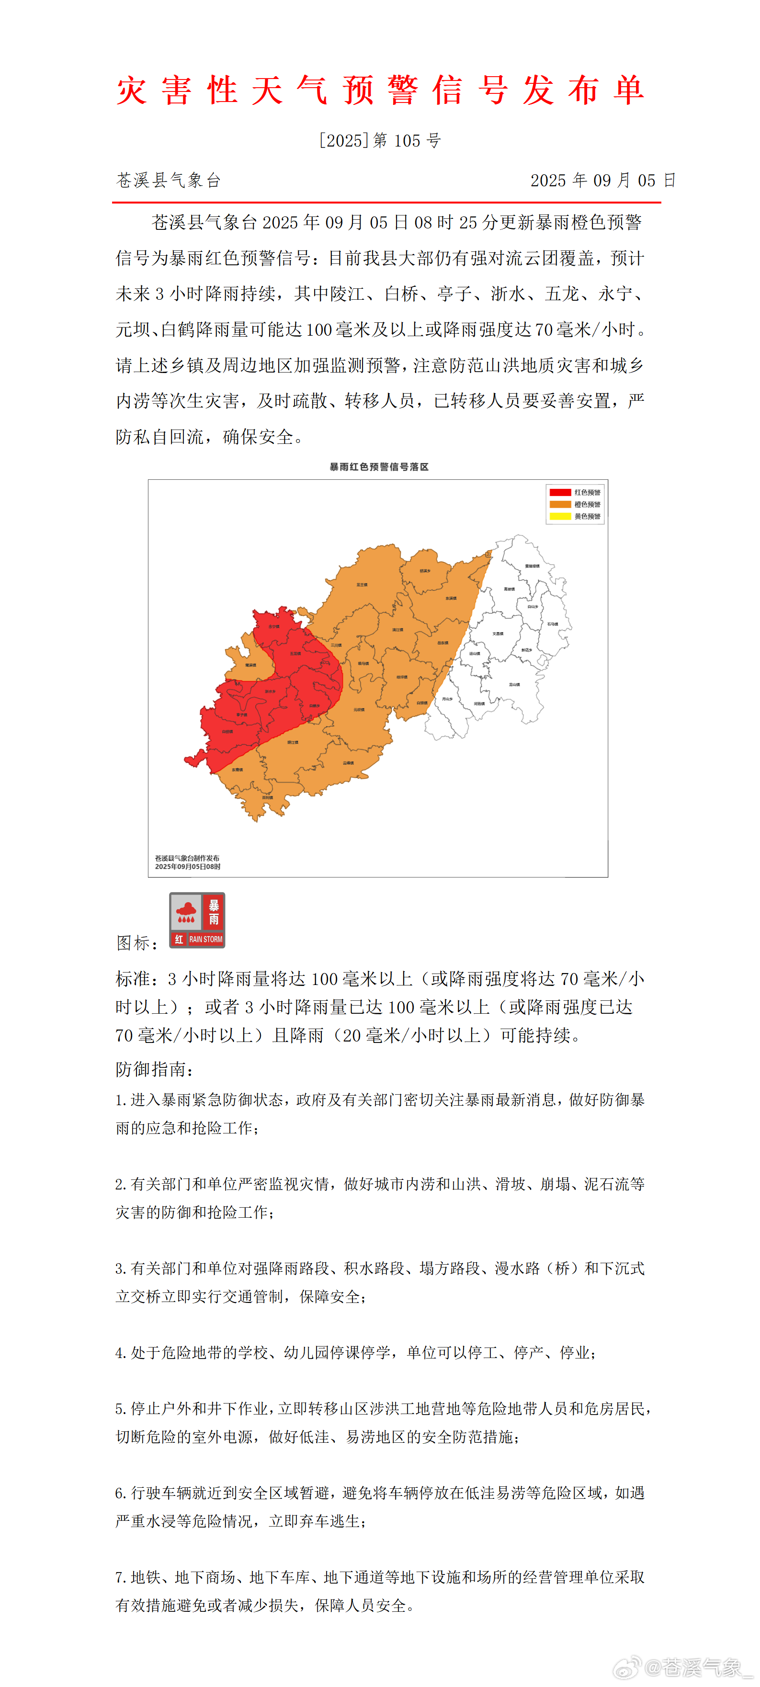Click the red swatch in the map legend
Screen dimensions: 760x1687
[560, 492]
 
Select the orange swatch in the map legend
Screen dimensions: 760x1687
[560, 504]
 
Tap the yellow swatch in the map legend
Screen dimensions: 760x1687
[560, 516]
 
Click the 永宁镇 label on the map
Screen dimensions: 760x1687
[274, 627]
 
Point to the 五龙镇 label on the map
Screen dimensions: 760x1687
[295, 654]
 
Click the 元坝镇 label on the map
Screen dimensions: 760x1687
[359, 709]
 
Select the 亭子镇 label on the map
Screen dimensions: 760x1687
[242, 714]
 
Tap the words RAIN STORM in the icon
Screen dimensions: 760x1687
[206, 939]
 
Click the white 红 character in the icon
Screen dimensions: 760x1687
[179, 939]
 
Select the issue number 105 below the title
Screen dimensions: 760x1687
[407, 141]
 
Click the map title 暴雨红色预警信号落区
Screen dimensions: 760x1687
[379, 467]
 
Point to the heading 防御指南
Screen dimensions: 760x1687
[155, 1069]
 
